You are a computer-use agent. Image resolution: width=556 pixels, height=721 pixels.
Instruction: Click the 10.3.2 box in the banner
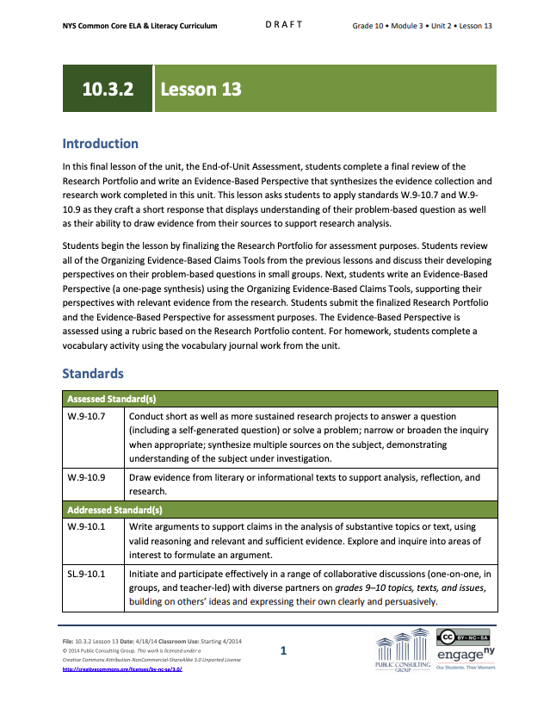coord(108,89)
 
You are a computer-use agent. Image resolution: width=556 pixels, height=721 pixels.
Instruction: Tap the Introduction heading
coord(100,144)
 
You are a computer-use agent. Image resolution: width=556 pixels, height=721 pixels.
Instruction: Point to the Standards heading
coord(92,374)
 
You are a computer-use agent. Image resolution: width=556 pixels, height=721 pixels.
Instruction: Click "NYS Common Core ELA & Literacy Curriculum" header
coord(139,26)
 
